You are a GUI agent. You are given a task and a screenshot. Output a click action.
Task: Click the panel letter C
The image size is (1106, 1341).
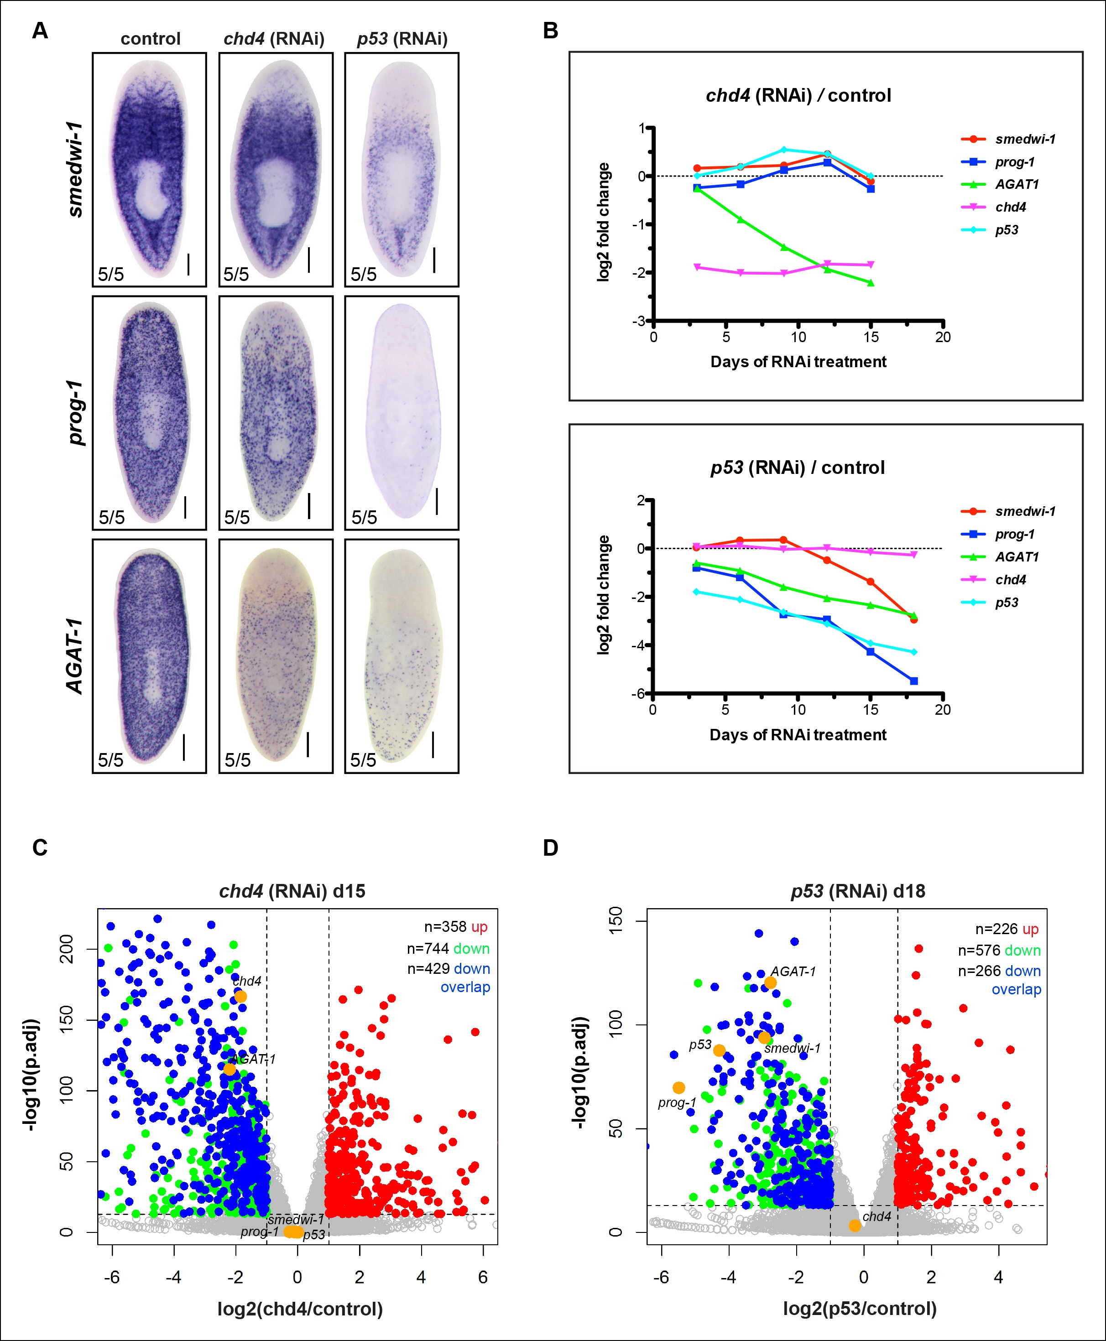40,847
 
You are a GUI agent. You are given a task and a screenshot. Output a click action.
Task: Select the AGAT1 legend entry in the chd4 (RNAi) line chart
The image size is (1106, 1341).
1017,185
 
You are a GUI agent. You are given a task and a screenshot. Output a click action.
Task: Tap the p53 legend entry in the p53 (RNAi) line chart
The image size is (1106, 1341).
1007,603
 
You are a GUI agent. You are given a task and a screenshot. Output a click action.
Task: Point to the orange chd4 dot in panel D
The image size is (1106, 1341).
854,1226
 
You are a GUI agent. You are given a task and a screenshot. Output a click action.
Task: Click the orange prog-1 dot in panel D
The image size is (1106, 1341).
678,1087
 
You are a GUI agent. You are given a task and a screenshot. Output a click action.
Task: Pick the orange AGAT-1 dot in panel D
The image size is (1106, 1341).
770,982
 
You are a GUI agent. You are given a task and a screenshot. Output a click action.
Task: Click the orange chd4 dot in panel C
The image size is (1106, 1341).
240,997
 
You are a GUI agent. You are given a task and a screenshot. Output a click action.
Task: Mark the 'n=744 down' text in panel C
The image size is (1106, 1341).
448,949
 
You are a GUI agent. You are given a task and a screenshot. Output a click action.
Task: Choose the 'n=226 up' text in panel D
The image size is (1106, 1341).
1007,929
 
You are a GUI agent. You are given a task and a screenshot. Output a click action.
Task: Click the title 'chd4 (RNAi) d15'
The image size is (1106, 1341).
292,891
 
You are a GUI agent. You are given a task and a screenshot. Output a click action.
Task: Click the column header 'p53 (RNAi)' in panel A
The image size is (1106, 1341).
402,39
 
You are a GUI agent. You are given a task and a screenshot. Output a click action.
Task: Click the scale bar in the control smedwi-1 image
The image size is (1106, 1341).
188,264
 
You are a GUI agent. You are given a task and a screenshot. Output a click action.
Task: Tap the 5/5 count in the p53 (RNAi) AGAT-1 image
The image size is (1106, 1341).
363,759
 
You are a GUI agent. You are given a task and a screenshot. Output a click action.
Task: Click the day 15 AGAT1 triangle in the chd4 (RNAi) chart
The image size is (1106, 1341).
871,283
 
